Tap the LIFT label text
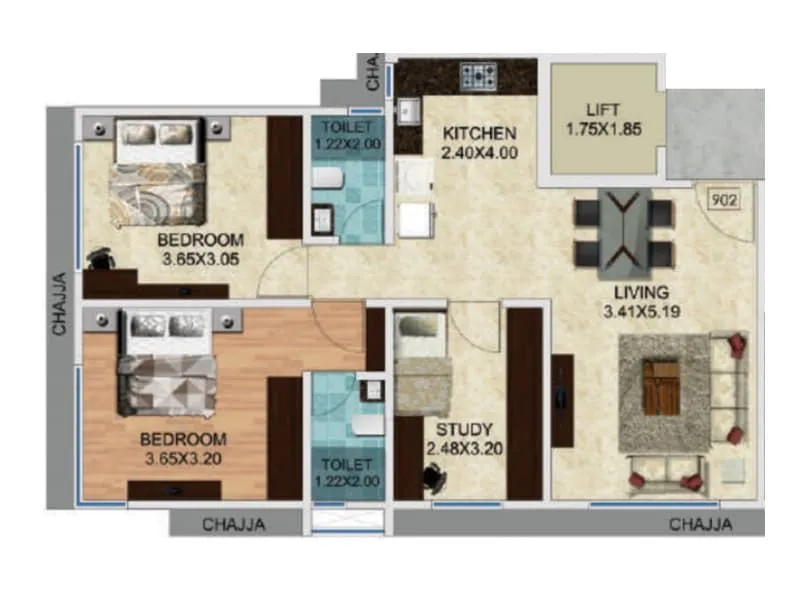604,110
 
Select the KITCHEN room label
480,134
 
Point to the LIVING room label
641,292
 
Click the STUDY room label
459,430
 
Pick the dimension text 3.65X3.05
200,259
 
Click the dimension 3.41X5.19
641,311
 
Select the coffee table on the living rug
661,387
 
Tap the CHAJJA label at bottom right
701,524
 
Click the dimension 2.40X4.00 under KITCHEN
480,153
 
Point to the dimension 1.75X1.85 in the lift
604,129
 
